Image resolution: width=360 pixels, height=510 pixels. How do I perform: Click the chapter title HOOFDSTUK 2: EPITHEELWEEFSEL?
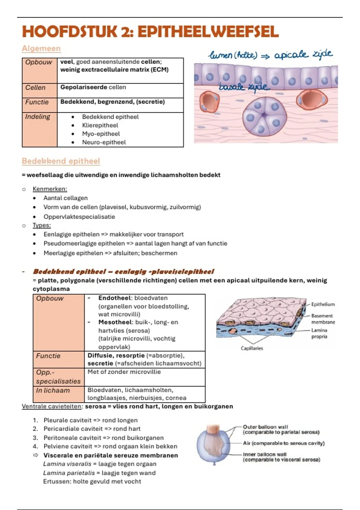click(150, 31)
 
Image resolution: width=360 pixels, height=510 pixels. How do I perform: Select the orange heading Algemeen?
click(41, 48)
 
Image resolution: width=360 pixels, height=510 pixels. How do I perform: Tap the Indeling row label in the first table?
click(37, 117)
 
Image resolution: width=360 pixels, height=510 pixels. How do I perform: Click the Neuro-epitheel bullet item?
click(104, 142)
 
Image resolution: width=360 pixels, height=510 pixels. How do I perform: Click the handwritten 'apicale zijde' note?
click(303, 55)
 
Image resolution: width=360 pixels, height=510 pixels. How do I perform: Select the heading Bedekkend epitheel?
click(61, 161)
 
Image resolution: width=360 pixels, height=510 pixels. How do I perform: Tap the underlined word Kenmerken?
click(50, 189)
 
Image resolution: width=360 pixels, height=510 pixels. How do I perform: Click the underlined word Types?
click(42, 225)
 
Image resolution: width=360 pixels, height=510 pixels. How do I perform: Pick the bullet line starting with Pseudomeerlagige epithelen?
click(135, 243)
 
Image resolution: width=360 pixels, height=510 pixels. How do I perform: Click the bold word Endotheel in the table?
click(115, 298)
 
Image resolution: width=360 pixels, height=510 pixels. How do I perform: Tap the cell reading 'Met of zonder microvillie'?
click(124, 372)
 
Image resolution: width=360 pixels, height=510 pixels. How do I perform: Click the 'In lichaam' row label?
click(53, 390)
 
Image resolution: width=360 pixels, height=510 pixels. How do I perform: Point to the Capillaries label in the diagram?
click(252, 348)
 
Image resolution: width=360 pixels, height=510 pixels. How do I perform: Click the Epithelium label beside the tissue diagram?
click(323, 304)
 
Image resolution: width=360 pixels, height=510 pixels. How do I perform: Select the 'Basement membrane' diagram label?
click(323, 319)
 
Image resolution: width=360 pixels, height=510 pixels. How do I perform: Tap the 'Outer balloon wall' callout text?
click(265, 427)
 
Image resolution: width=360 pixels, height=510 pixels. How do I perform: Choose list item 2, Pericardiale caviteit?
click(92, 429)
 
